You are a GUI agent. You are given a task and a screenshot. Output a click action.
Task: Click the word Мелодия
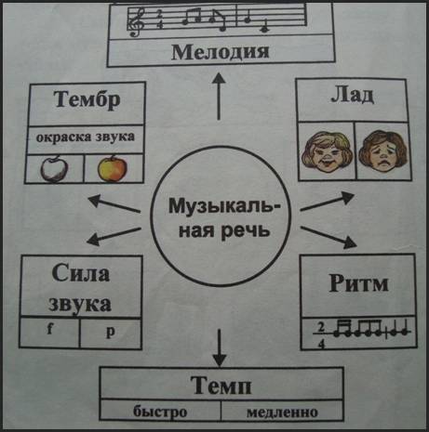tap(220, 52)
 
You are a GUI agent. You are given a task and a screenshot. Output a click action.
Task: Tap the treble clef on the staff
tap(137, 21)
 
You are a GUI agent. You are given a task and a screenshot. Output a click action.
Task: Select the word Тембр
tap(87, 99)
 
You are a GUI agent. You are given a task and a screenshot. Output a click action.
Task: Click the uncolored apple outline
tap(54, 169)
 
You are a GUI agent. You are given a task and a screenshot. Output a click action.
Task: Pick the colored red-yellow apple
tap(113, 168)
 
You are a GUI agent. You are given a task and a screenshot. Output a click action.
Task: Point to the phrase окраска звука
tap(86, 137)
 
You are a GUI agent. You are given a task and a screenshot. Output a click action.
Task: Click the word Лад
tap(353, 95)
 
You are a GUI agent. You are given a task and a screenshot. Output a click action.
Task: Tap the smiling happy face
tap(328, 151)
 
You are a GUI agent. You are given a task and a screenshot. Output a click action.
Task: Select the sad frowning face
tap(383, 151)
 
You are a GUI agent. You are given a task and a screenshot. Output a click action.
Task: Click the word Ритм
tap(358, 283)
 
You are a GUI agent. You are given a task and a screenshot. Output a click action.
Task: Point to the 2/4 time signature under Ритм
tap(321, 335)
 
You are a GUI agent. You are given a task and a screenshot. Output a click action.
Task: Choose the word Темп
tap(221, 386)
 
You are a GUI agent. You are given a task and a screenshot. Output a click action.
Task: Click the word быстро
tap(160, 412)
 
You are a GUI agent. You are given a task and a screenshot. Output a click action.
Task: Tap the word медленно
tap(282, 412)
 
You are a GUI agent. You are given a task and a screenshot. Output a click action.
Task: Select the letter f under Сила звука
tap(50, 329)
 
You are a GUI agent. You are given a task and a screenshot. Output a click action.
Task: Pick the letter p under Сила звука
tap(110, 332)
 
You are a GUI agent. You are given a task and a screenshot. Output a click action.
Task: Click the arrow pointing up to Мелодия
tap(219, 97)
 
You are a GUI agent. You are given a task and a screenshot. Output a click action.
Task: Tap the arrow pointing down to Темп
tap(220, 347)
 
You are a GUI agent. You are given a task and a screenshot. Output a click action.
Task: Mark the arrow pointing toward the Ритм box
tap(328, 238)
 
